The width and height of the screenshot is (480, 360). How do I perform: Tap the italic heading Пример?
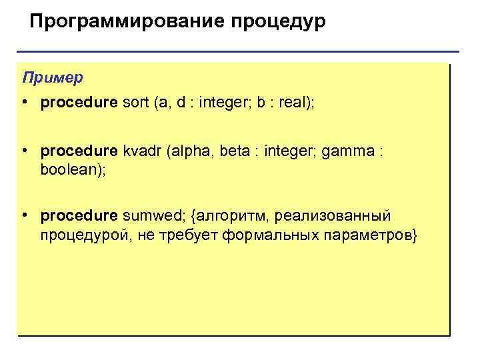tap(53, 77)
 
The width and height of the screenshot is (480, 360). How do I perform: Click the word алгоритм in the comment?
tap(220, 217)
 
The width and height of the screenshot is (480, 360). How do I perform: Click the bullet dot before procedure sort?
tap(24, 103)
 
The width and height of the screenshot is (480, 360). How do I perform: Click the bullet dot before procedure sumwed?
tap(24, 217)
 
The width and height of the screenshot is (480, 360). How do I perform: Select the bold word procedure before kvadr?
tap(79, 153)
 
